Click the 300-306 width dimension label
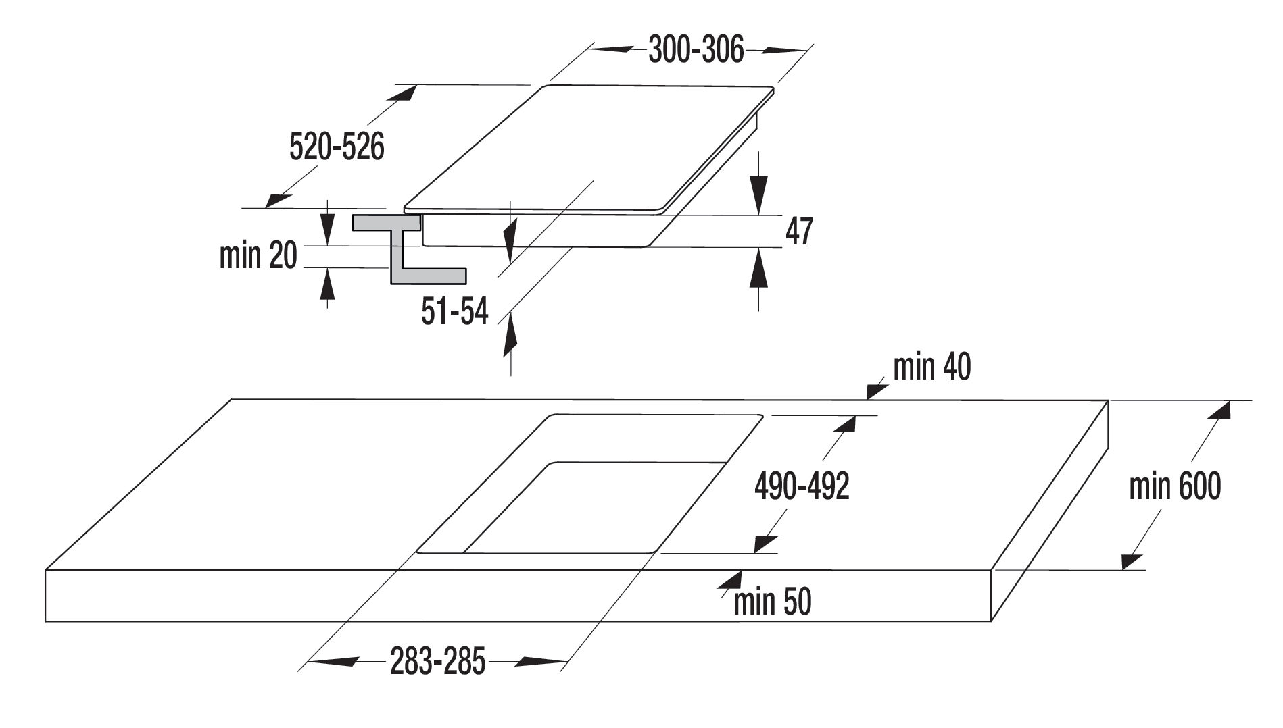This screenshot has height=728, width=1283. click(x=696, y=50)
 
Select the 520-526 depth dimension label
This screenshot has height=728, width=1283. click(x=337, y=147)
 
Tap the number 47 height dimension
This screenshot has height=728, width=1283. click(x=799, y=232)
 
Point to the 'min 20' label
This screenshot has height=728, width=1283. click(x=258, y=255)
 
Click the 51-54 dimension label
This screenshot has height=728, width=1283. click(x=454, y=311)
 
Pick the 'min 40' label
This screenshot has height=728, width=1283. click(x=932, y=367)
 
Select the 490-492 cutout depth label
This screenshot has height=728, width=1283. click(x=802, y=486)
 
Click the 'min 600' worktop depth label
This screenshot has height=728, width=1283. click(x=1175, y=486)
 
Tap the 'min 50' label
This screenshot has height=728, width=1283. click(x=772, y=602)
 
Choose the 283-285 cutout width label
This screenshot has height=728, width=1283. click(x=438, y=661)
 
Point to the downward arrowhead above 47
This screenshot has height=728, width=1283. click(x=759, y=195)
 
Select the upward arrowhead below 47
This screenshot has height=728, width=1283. click(x=759, y=268)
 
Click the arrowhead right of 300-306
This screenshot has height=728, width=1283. click(x=788, y=51)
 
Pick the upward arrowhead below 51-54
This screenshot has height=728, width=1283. click(x=511, y=335)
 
